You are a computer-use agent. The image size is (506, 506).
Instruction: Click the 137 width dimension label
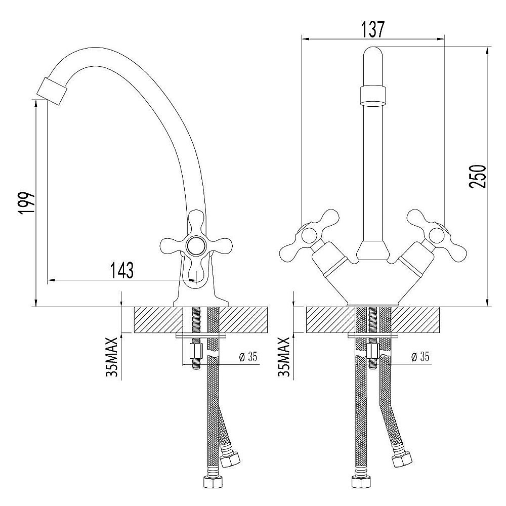373,29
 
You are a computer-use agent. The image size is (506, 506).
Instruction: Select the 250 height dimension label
477,176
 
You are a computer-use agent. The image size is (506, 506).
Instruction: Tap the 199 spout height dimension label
26,203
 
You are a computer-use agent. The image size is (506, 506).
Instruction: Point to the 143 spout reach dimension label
122,270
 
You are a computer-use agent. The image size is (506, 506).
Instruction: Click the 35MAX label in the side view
112,357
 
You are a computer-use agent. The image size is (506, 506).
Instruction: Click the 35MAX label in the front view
283,357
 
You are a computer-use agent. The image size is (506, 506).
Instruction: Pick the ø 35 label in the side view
248,357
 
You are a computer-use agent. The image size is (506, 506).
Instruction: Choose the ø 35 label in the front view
420,357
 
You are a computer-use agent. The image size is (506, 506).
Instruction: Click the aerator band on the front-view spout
373,95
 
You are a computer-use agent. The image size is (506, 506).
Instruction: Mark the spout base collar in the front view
373,251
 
